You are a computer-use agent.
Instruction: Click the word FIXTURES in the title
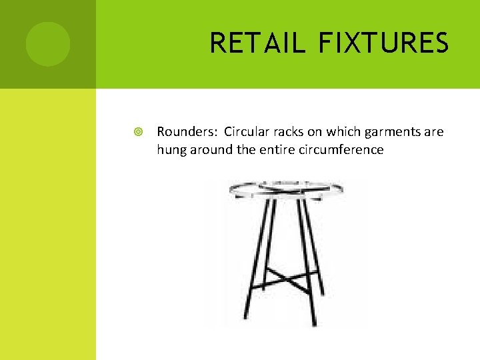[x=383, y=43]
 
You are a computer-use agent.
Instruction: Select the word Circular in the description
[x=246, y=132]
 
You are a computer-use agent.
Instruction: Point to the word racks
[x=287, y=132]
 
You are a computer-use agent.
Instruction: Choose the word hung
[x=171, y=150]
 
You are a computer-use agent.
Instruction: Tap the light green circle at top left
[x=48, y=44]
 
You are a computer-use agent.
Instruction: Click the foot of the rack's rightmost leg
[x=324, y=293]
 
